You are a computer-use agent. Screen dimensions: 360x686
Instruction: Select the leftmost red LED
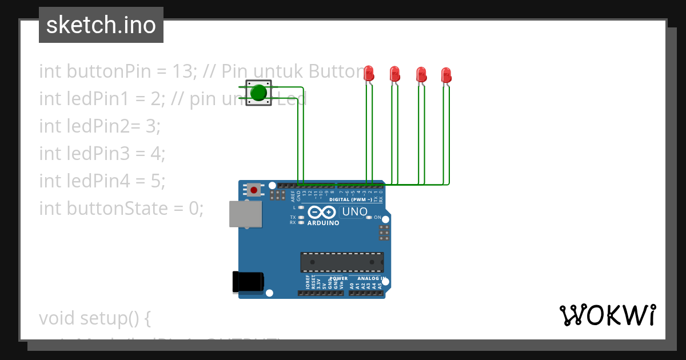coord(369,73)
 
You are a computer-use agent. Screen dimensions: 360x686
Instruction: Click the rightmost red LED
coord(446,75)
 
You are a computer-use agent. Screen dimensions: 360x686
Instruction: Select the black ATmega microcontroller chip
coord(342,262)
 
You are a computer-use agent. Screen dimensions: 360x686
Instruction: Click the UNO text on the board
coord(354,212)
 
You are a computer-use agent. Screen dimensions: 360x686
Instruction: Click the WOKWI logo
coord(607,315)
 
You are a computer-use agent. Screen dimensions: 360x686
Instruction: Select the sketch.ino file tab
coord(101,25)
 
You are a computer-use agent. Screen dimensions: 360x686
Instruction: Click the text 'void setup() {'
coord(94,318)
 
